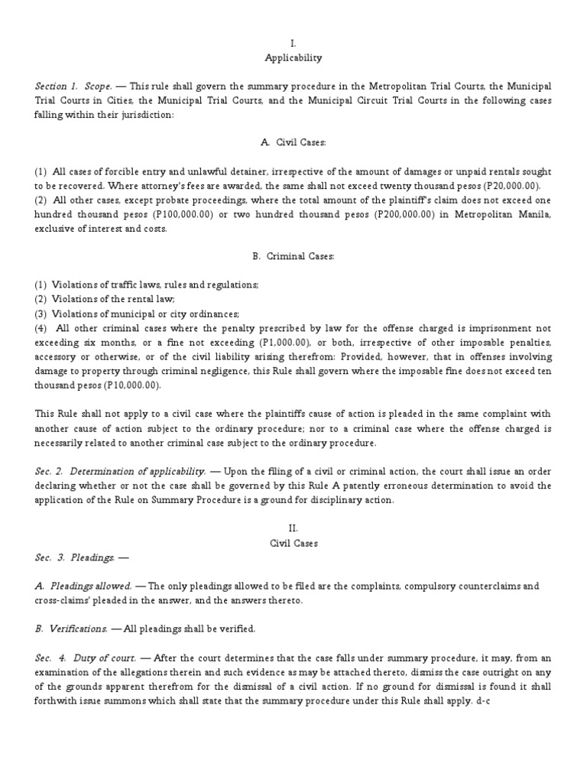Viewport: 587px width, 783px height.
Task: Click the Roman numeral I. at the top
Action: click(x=293, y=44)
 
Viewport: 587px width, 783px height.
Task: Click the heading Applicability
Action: click(x=293, y=57)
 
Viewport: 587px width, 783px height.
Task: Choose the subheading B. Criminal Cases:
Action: click(x=293, y=256)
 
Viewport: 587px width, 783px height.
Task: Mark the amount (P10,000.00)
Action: click(x=126, y=385)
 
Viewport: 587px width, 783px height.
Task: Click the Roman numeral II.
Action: click(x=293, y=528)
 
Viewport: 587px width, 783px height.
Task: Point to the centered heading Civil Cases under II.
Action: click(x=293, y=543)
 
